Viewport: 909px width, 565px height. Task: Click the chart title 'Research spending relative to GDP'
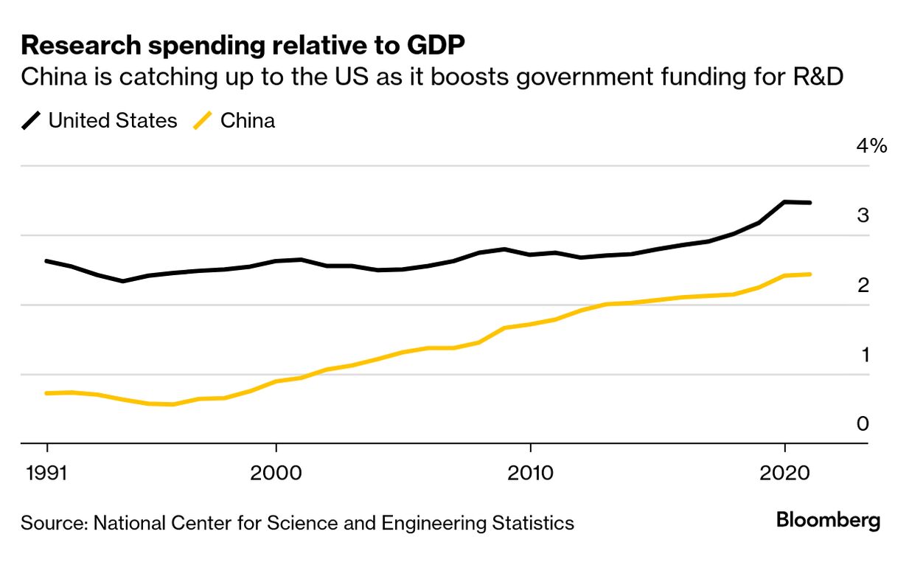[243, 46]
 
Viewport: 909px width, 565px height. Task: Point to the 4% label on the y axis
[871, 145]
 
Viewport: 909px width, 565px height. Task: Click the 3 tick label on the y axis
[863, 216]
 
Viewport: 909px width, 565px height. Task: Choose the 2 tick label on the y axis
[863, 285]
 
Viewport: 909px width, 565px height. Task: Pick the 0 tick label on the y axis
[863, 424]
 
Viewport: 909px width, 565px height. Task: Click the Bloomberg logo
[828, 521]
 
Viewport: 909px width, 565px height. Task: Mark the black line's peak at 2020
[784, 201]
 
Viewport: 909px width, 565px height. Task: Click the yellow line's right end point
[810, 274]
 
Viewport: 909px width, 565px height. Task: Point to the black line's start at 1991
[47, 261]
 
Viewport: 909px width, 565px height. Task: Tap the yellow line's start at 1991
[47, 393]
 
